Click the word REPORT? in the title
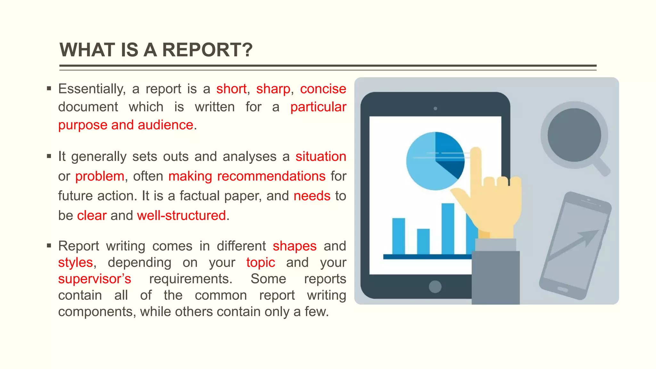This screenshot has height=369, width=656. pyautogui.click(x=207, y=50)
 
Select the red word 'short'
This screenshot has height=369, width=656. pyautogui.click(x=231, y=89)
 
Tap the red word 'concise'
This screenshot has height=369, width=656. pyautogui.click(x=323, y=89)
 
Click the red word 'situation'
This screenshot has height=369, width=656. pyautogui.click(x=321, y=157)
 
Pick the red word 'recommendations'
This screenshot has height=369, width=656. pyautogui.click(x=271, y=176)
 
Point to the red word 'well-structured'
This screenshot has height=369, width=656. pyautogui.click(x=181, y=216)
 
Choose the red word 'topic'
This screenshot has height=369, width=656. pyautogui.click(x=260, y=263)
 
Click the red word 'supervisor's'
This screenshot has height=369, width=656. pyautogui.click(x=94, y=279)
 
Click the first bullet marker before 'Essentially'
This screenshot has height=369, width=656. pyautogui.click(x=49, y=88)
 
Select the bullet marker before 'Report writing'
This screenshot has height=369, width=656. pyautogui.click(x=49, y=246)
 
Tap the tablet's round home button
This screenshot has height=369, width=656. pyautogui.click(x=435, y=286)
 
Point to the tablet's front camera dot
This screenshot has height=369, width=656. pyautogui.click(x=435, y=109)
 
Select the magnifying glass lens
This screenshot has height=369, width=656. pyautogui.click(x=574, y=135)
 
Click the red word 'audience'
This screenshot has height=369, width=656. pyautogui.click(x=166, y=125)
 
